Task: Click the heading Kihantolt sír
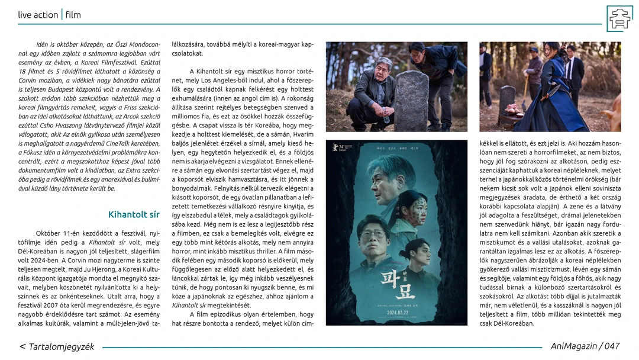point(134,214)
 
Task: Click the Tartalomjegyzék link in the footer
point(57,346)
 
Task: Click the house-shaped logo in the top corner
point(619,18)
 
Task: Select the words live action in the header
point(38,14)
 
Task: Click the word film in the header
point(73,14)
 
